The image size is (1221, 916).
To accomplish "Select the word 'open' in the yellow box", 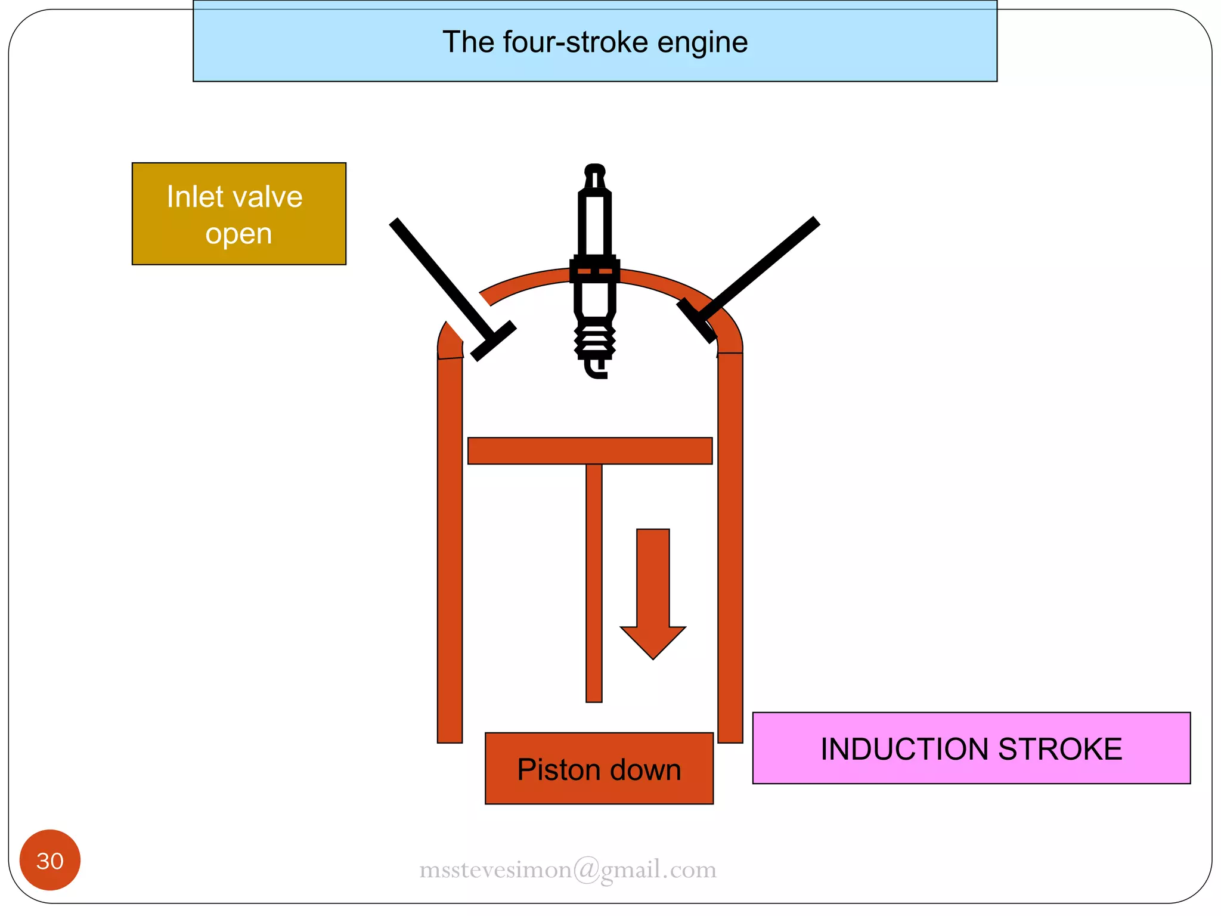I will [238, 234].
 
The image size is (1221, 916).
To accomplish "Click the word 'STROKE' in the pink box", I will [1060, 749].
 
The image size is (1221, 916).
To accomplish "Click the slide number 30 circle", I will [50, 860].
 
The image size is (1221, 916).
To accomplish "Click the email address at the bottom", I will [568, 869].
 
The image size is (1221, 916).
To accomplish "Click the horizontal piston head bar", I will [590, 451].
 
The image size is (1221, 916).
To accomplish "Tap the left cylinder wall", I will [450, 549].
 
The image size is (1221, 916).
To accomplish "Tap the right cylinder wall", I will [730, 549].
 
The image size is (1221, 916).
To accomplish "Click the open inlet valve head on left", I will [493, 341].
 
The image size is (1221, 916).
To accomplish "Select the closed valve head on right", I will [696, 321].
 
